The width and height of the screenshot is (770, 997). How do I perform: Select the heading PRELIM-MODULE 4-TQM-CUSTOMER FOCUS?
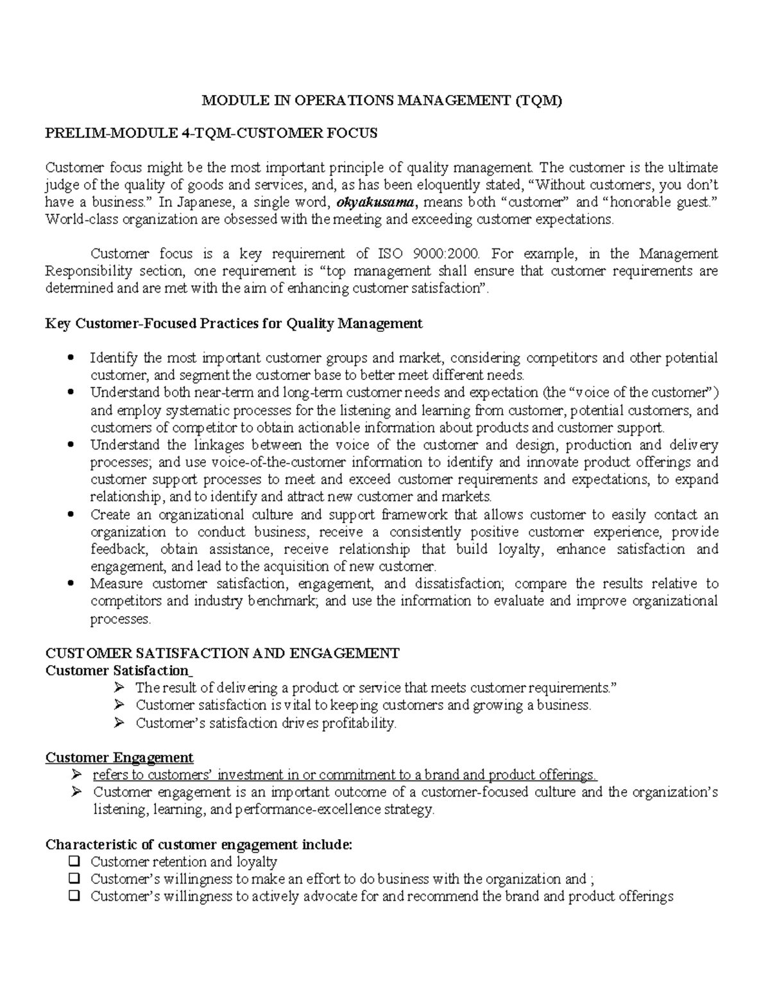point(211,134)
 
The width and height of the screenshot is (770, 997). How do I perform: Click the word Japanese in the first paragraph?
point(205,203)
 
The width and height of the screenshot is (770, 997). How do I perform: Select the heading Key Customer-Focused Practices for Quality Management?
point(234,324)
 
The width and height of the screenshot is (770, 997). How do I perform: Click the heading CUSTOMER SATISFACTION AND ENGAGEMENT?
point(222,654)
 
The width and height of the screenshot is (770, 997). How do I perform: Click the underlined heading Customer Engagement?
point(119,758)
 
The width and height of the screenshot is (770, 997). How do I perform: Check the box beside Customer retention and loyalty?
point(74,862)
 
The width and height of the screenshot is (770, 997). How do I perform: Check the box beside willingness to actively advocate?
point(74,896)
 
